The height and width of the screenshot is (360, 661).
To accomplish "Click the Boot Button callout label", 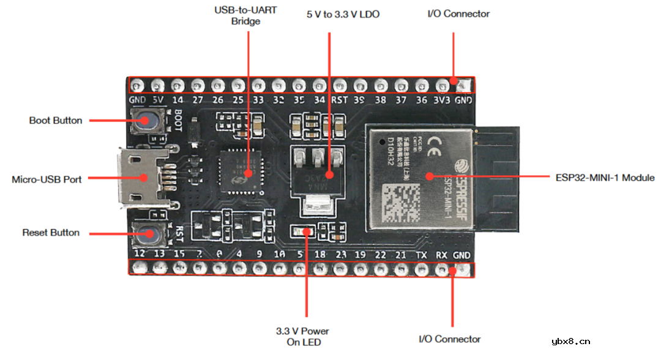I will click(56, 121).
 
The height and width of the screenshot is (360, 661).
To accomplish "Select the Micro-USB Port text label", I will click(47, 179).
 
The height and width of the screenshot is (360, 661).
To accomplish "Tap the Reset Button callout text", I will click(51, 233).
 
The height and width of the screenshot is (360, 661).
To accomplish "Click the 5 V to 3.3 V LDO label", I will click(343, 14).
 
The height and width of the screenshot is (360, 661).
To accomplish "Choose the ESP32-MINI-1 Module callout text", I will click(604, 178).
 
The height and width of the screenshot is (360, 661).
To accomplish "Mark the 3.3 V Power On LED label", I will click(303, 337).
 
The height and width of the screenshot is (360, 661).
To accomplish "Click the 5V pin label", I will click(158, 100).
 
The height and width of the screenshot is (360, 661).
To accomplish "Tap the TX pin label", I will click(421, 254).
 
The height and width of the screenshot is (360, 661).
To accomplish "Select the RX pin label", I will click(441, 254).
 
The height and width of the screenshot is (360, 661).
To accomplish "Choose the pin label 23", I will click(341, 254).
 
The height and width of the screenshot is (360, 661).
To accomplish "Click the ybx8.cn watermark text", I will click(570, 342).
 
